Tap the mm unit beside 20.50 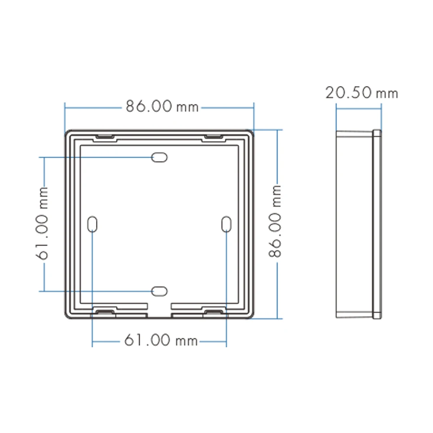point(387,94)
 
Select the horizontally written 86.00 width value point(150,106)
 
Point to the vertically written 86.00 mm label point(275,221)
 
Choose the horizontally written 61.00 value point(147,341)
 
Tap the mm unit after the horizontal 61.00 point(187,342)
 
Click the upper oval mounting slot point(159,157)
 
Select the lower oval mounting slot point(159,291)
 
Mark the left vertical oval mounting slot point(93,224)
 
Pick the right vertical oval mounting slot point(226,224)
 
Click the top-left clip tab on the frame point(105,137)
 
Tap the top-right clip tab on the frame point(213,137)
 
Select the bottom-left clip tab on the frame point(104,312)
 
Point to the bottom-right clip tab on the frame point(213,312)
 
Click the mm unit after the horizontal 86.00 point(187,107)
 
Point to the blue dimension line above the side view point(359,108)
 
